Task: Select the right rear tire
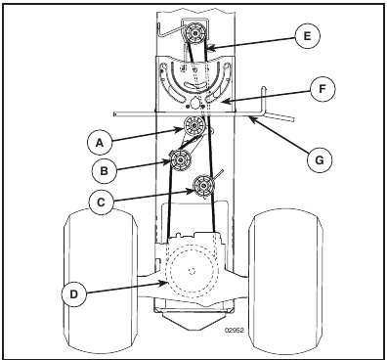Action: pyautogui.click(x=287, y=277)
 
